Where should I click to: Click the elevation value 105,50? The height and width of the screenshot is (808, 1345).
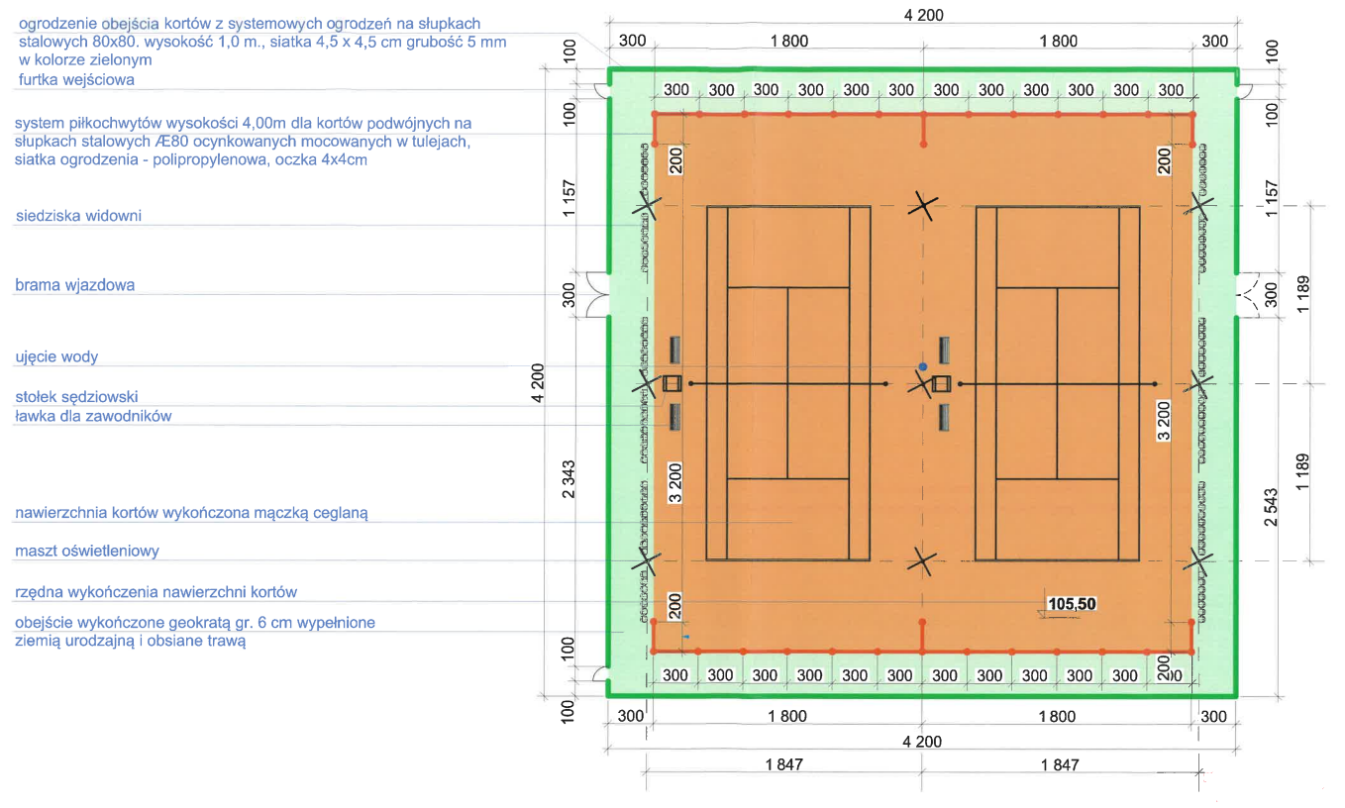1072,603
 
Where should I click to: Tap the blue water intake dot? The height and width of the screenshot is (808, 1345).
923,366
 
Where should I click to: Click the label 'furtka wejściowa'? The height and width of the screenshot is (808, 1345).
76,79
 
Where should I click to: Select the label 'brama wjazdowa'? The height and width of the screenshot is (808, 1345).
74,284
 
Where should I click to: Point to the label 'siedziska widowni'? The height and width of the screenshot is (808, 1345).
78,216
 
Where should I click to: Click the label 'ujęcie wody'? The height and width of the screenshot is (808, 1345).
56,356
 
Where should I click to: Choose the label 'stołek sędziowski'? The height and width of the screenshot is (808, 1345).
76,396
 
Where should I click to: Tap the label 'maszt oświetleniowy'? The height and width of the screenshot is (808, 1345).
87,551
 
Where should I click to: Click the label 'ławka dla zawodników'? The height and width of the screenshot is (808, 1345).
93,416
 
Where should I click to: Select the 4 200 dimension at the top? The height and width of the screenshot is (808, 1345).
923,15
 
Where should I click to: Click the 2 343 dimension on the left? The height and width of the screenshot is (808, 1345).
569,479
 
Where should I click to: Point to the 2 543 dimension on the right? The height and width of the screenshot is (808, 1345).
1271,507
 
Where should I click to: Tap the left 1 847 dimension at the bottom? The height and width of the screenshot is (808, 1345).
784,764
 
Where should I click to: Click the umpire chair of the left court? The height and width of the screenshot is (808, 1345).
672,383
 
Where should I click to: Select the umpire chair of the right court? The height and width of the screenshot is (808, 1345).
941,383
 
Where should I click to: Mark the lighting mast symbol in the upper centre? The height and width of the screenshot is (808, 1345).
923,206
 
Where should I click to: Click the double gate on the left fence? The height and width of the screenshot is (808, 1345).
597,294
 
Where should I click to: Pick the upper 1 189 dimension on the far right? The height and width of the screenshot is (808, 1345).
1302,294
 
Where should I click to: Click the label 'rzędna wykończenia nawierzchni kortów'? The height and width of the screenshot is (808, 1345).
156,592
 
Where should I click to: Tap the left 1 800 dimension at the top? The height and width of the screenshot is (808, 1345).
789,41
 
